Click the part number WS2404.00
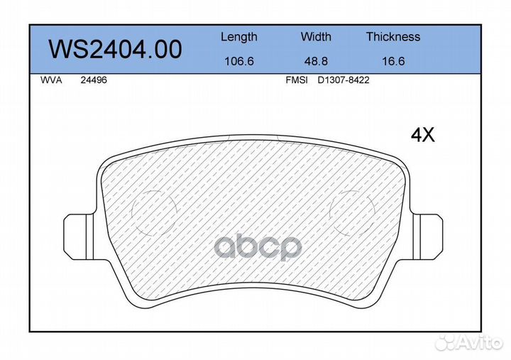(x=115, y=49)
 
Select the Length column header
(x=239, y=37)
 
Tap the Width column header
(x=316, y=36)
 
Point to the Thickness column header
(x=393, y=36)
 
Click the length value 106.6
(x=239, y=61)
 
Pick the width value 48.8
(x=316, y=61)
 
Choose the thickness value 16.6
(x=393, y=61)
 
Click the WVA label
(x=51, y=80)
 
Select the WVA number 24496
(x=94, y=80)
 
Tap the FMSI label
(x=297, y=80)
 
